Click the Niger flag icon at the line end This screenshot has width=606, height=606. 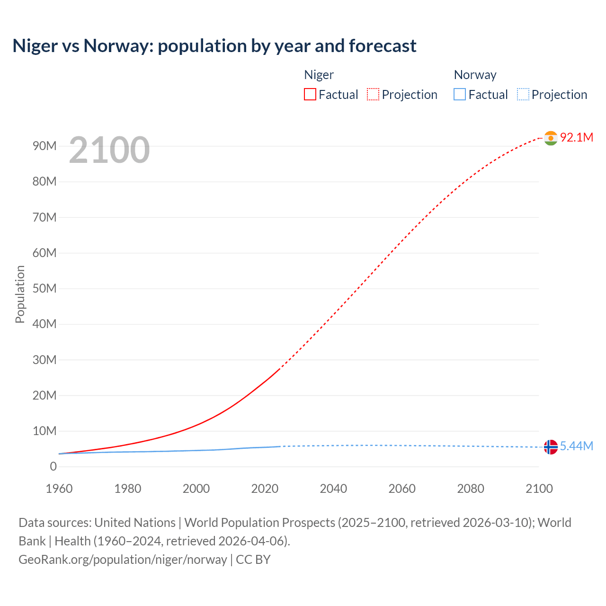tap(551, 138)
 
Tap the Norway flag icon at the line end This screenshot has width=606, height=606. tap(551, 447)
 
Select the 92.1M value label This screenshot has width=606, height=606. tap(576, 137)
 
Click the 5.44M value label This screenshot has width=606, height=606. tap(576, 446)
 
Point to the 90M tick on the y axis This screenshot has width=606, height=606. tap(45, 146)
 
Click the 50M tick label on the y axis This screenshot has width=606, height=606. tap(45, 288)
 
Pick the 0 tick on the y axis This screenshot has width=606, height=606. tap(53, 466)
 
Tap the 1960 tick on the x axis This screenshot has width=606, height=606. tap(59, 489)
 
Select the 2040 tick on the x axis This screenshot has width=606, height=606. tap(333, 489)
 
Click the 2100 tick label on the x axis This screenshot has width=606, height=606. tap(539, 489)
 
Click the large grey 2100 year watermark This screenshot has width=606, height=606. tap(109, 150)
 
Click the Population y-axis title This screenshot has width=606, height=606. tap(20, 294)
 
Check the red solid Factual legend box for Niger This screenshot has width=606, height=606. tap(310, 94)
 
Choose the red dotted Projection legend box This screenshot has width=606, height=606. tap(373, 94)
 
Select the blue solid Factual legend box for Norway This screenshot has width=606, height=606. tap(459, 94)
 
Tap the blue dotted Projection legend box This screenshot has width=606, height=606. tap(523, 94)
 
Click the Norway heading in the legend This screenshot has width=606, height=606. tap(475, 75)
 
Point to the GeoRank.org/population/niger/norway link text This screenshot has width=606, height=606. tap(123, 559)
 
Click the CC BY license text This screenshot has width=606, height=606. tap(253, 559)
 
